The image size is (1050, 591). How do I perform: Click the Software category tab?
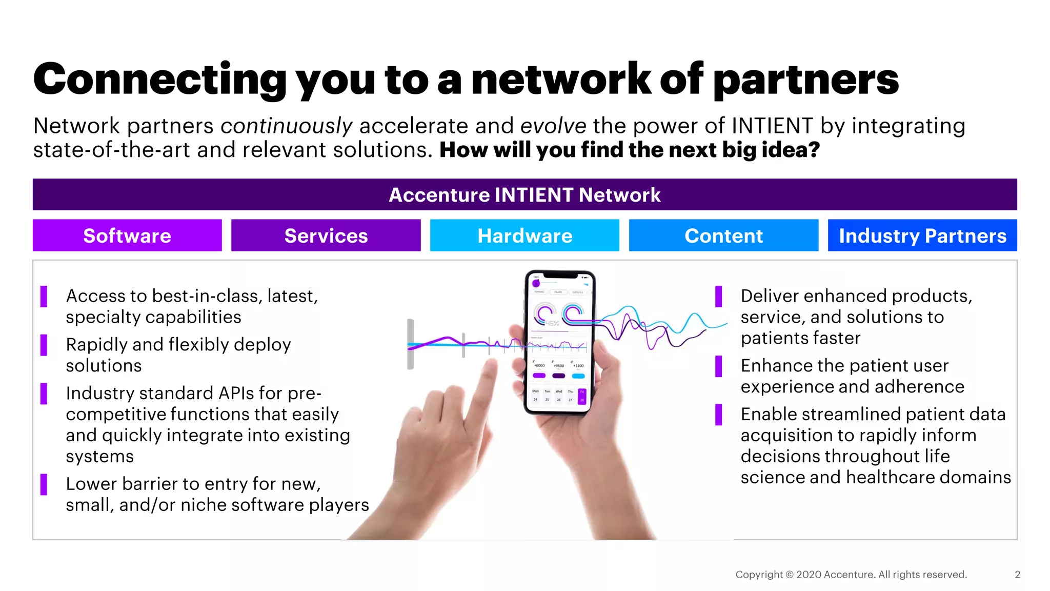127,235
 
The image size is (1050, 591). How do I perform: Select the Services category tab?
326,235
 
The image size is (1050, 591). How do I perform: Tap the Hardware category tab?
524,235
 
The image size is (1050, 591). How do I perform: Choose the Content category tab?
723,235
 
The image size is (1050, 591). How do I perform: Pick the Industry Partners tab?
922,235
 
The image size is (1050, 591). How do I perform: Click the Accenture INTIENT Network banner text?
524,195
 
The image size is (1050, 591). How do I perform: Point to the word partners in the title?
806,80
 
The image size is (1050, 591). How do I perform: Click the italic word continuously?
286,126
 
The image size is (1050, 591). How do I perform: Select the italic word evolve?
553,126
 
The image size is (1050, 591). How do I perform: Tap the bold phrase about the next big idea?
630,150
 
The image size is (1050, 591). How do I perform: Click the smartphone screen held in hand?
559,341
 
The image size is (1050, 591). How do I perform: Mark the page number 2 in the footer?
1017,575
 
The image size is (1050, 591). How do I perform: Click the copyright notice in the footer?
851,575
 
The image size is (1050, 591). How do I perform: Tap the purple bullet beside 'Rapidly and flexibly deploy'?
44,345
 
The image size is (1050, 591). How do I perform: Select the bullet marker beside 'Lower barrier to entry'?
44,484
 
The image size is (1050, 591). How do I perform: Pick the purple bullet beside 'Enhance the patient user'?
719,366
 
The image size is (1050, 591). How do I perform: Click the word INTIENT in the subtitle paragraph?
772,126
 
